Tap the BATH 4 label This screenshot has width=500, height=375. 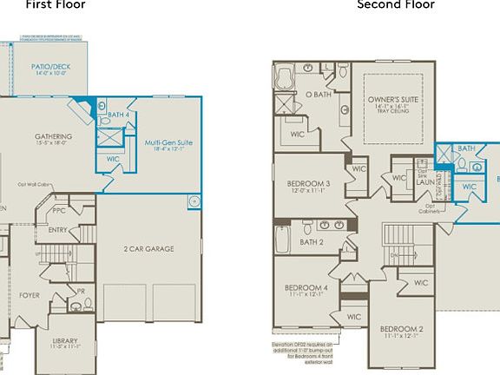(x=118, y=115)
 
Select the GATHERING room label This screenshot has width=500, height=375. (x=53, y=137)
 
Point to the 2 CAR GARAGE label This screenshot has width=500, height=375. (x=148, y=249)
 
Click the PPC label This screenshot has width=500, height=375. (x=59, y=209)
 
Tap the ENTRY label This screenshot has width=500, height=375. (x=58, y=230)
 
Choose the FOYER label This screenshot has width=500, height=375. (x=30, y=295)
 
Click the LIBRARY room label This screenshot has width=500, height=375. (x=64, y=341)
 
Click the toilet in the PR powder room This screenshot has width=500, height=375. (x=87, y=305)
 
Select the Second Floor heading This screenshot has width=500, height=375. (x=396, y=5)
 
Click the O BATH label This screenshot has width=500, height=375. (x=318, y=95)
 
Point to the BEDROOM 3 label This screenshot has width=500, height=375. (x=308, y=184)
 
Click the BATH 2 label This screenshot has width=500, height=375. (x=311, y=242)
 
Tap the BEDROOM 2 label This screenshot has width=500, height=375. (x=402, y=329)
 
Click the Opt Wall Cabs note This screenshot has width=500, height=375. (x=33, y=184)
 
